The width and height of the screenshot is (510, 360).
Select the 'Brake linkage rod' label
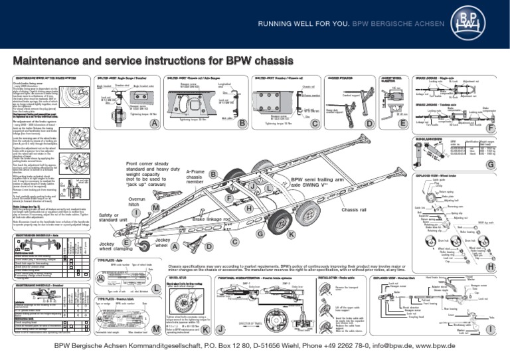[x=211, y=219]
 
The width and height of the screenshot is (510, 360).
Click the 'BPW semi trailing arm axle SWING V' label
[x=315, y=173]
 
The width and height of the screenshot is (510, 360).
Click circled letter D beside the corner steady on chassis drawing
[x=209, y=247]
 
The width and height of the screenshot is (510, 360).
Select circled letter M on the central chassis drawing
[x=155, y=208]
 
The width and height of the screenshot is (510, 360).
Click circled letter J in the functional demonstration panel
[x=220, y=329]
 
